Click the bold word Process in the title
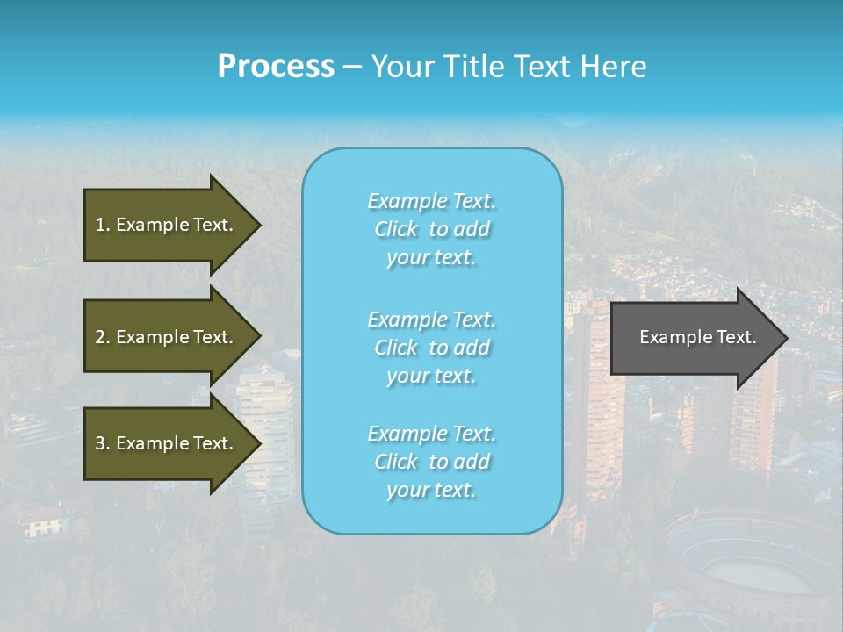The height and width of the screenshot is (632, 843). [x=276, y=67]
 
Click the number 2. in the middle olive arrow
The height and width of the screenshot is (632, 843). [x=103, y=337]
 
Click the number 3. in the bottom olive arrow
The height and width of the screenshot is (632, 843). [x=103, y=443]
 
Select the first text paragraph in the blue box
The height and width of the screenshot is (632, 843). [x=431, y=229]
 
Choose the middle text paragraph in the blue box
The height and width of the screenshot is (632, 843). [x=431, y=348]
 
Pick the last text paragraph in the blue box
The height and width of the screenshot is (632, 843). [x=431, y=462]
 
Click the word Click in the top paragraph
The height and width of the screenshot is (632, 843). [x=396, y=229]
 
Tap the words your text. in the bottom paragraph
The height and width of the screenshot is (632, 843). [x=431, y=490]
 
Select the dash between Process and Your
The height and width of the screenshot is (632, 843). [x=352, y=68]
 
